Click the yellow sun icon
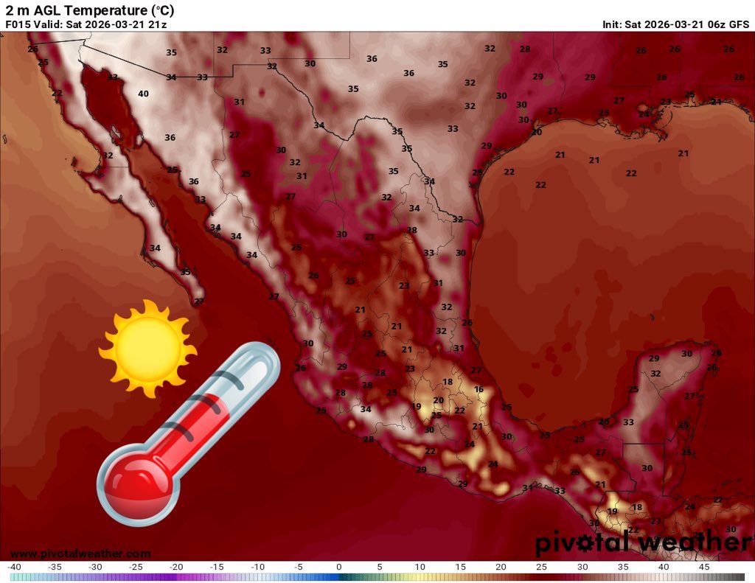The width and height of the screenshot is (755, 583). click(147, 349)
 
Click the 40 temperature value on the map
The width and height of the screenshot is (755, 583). click(143, 94)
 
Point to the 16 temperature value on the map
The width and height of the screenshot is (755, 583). click(479, 389)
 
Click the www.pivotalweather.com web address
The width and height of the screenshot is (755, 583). click(80, 554)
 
